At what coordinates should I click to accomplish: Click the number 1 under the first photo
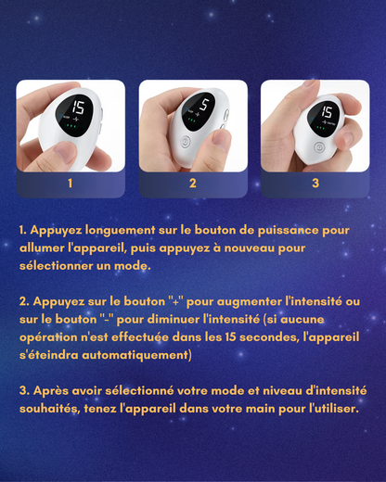point(71,184)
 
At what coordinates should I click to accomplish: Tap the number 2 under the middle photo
point(193,184)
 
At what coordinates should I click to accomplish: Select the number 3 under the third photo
point(315,184)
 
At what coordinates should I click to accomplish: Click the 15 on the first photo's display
point(78,108)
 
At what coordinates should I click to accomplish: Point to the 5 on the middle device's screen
point(204,105)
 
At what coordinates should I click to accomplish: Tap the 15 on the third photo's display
point(327,112)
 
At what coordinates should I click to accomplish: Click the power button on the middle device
point(185,143)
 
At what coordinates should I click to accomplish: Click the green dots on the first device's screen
point(71,126)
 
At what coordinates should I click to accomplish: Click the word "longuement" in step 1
point(121,231)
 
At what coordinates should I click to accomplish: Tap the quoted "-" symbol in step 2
point(108,319)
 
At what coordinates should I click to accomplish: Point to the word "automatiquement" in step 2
point(135,355)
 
